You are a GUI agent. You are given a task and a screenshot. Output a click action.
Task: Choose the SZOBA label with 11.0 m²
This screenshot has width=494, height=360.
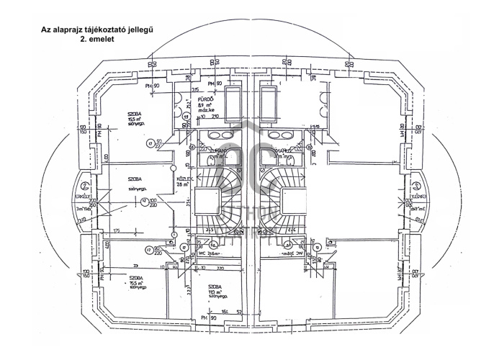click(x=216, y=287)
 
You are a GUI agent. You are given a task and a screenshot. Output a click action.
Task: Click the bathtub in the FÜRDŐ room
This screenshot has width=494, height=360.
click(x=234, y=105)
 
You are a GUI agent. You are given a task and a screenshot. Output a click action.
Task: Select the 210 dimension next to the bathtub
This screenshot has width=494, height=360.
click(x=213, y=115)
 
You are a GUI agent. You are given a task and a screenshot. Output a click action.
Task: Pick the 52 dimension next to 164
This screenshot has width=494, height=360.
click(x=238, y=311)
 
